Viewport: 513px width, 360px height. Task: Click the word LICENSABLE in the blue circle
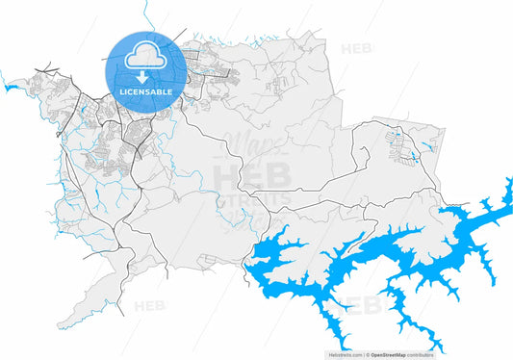[x=144, y=91]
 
